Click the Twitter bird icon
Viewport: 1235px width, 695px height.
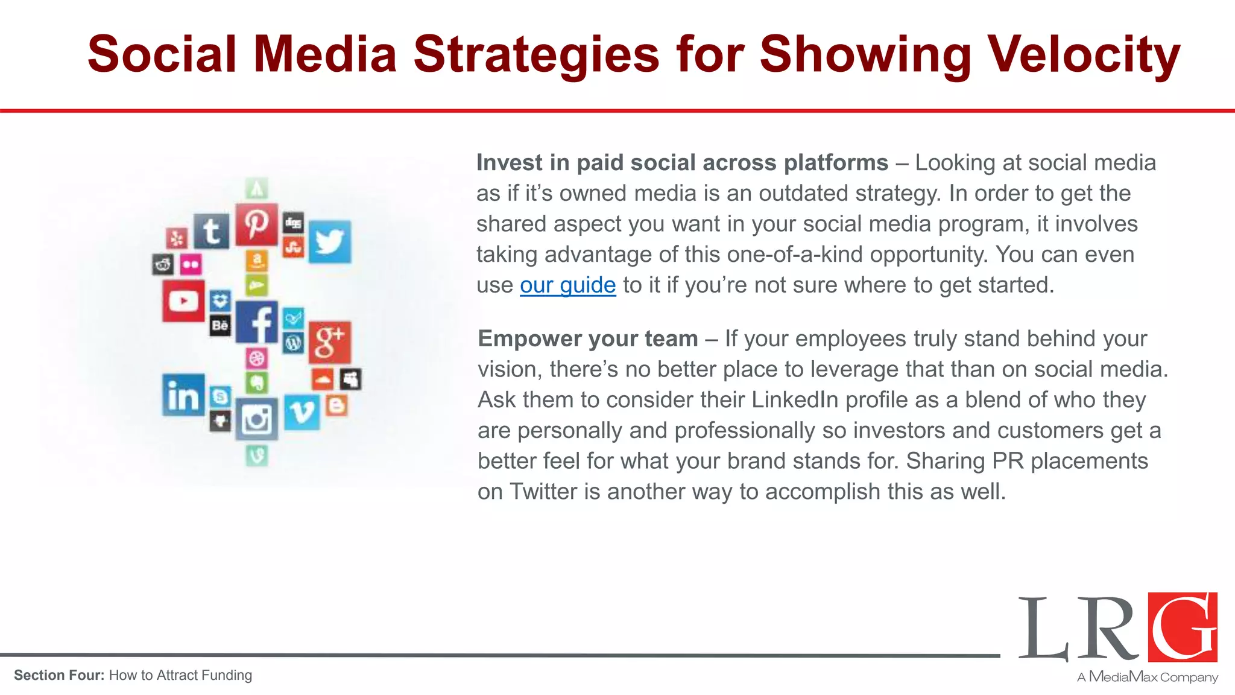(x=329, y=241)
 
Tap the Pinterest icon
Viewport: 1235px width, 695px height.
(x=256, y=224)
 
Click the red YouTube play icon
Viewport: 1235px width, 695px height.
(x=183, y=300)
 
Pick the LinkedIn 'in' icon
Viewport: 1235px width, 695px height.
(x=183, y=395)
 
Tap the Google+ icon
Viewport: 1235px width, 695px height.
(x=329, y=341)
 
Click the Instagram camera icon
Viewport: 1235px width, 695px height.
(x=256, y=419)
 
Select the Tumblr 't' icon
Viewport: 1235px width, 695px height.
(x=211, y=231)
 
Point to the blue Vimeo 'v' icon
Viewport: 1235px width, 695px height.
(x=301, y=412)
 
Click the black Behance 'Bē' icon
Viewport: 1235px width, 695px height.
(x=220, y=326)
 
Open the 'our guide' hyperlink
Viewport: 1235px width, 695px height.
(x=567, y=285)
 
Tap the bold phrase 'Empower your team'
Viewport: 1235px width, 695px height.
(x=588, y=338)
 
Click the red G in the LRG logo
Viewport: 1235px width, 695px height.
(x=1183, y=627)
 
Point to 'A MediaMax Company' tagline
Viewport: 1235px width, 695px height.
(x=1147, y=677)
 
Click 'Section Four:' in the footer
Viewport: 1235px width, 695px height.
(x=59, y=675)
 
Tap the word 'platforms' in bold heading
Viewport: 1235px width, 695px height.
(x=835, y=163)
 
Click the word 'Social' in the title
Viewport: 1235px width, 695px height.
(x=162, y=54)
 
